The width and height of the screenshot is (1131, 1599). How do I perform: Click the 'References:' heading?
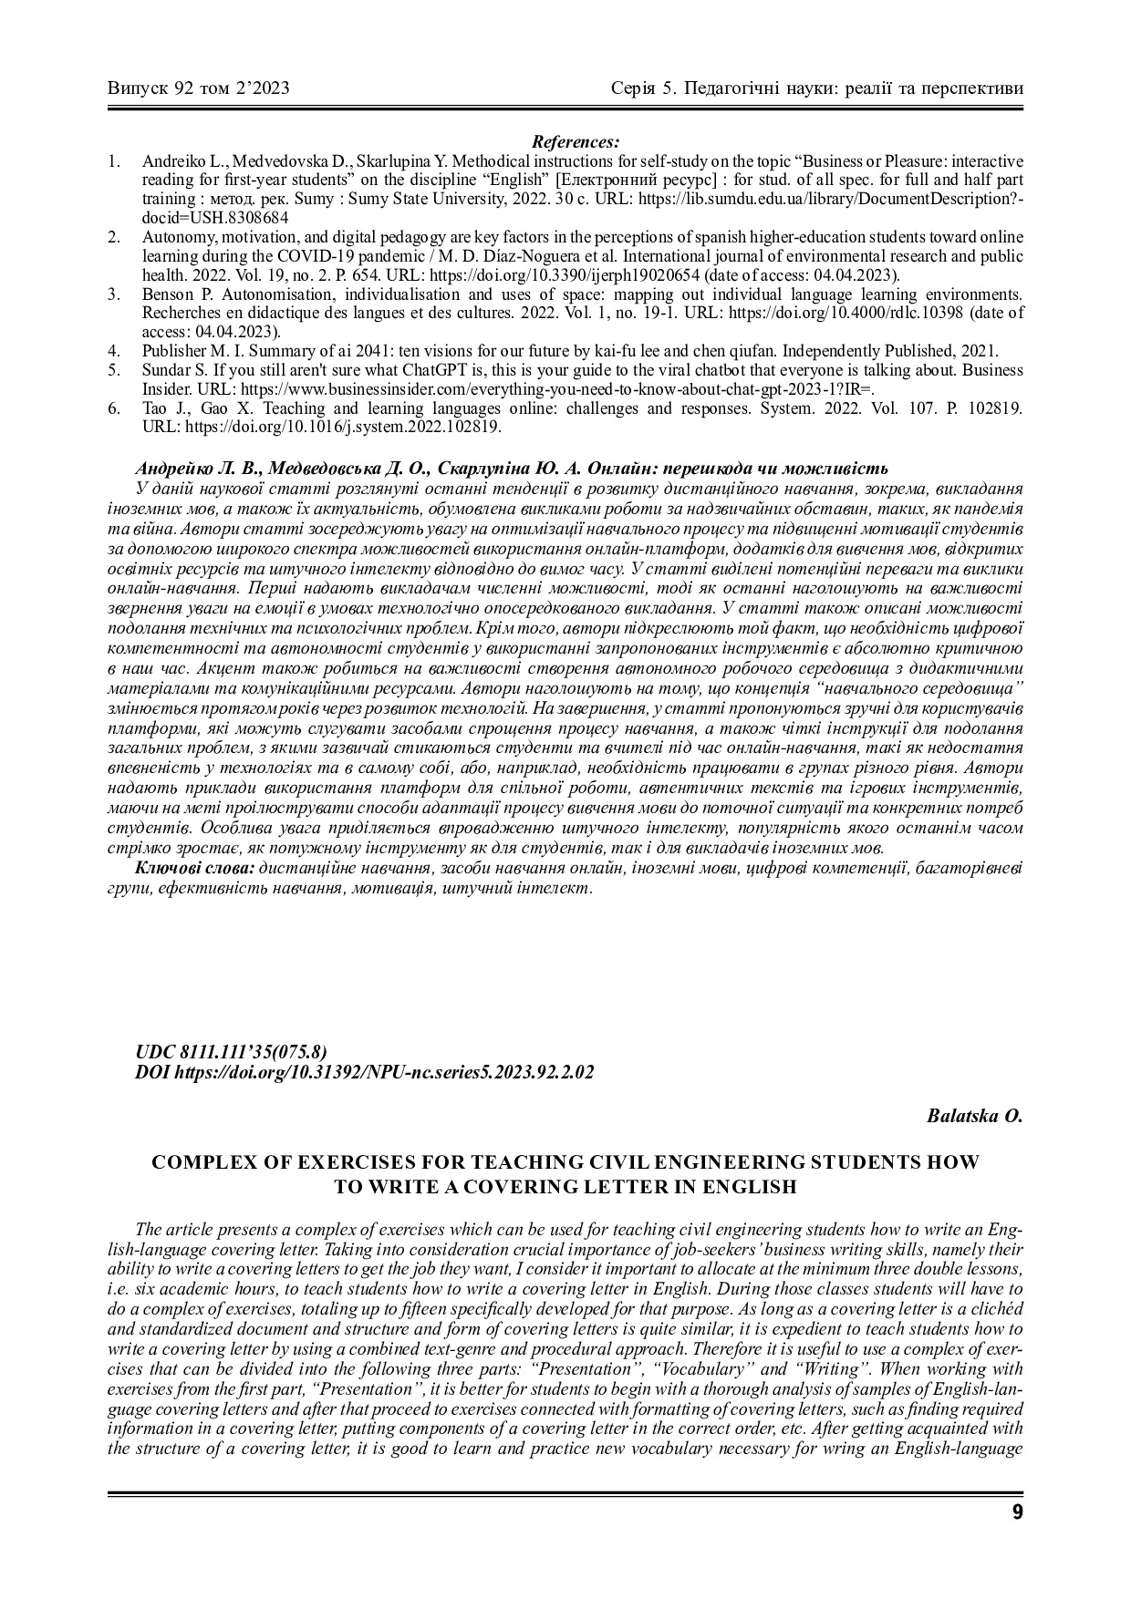tap(576, 141)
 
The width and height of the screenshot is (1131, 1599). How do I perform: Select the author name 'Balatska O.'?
tap(974, 1116)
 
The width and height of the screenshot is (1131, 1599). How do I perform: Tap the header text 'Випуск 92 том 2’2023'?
tap(199, 88)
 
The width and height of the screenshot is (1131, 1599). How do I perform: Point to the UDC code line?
tap(231, 1051)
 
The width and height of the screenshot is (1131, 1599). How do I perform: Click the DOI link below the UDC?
tap(364, 1072)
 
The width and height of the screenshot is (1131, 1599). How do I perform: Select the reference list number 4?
tap(113, 351)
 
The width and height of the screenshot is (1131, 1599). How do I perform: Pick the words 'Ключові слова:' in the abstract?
tap(194, 867)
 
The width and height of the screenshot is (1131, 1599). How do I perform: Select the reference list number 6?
tap(113, 408)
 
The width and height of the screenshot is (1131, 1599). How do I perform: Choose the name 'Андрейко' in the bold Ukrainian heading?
tap(173, 469)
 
